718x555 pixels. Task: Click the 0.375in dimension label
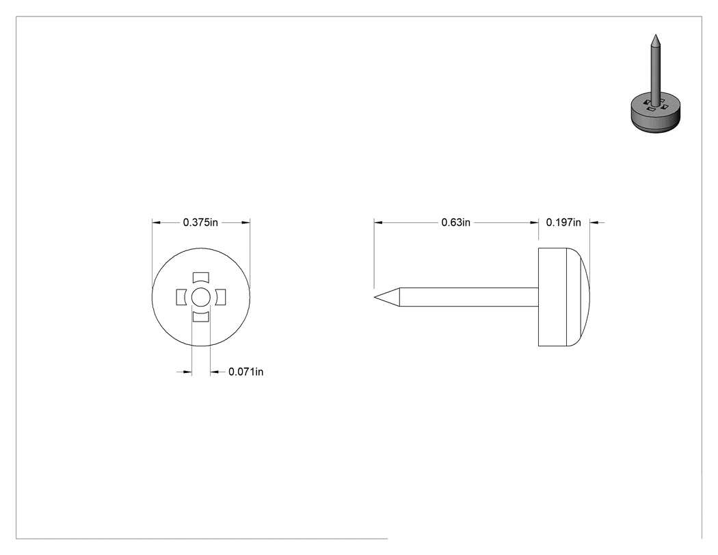(200, 222)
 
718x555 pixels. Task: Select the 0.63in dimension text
(455, 222)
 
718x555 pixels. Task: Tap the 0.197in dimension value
(563, 222)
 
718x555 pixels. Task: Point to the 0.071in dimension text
(246, 372)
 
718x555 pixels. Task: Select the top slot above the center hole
(200, 277)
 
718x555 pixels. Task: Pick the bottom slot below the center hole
(200, 317)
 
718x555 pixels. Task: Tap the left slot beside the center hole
(181, 297)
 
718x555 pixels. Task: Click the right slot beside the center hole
(221, 297)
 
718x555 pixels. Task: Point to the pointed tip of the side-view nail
(375, 297)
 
